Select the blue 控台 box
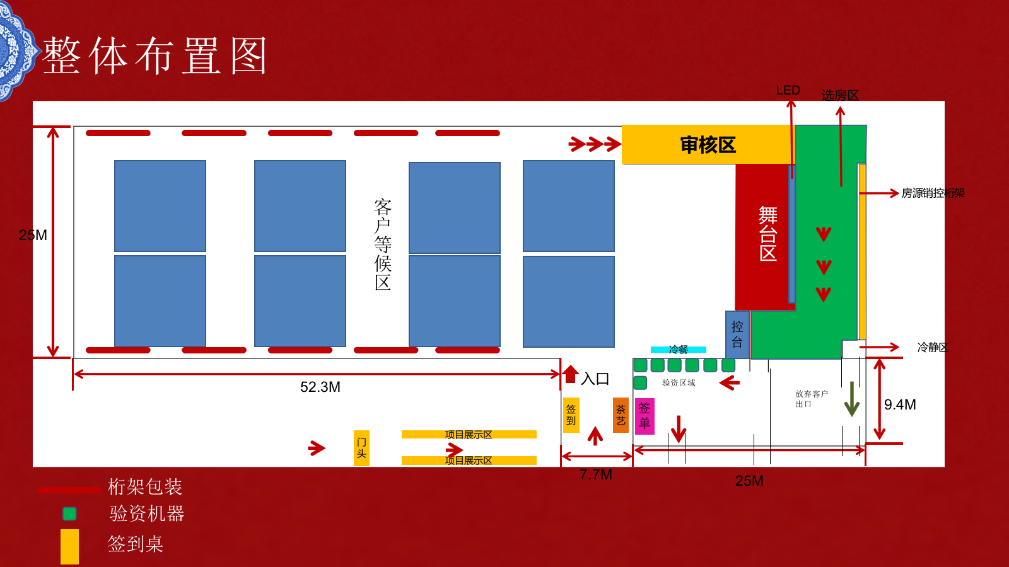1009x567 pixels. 737,335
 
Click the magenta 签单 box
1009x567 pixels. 644,416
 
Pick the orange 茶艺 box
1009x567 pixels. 621,415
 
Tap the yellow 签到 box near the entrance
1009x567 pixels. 571,415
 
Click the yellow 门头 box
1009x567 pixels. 361,448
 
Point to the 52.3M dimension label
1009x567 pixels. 320,387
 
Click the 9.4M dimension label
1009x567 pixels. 900,404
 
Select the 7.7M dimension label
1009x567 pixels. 596,474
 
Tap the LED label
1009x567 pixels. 788,90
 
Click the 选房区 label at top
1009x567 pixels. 840,95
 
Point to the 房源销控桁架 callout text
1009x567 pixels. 933,193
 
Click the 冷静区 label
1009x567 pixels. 933,347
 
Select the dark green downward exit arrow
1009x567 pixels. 852,399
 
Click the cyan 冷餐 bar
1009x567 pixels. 679,349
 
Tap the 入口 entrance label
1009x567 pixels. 595,379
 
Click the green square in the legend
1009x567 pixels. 69,513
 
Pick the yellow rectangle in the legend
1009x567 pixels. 69,546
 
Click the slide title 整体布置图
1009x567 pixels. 155,56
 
